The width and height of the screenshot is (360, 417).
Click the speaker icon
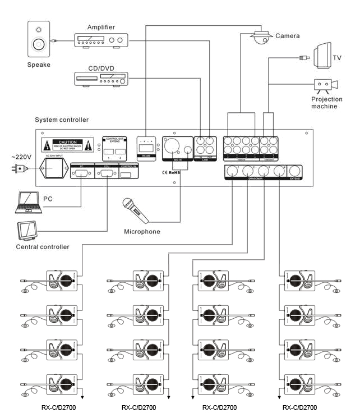coord(39,39)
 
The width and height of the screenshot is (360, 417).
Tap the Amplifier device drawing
coord(101,40)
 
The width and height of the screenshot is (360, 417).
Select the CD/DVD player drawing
coord(101,79)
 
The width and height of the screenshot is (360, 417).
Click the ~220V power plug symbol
coord(20,168)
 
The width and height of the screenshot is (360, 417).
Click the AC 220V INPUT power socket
coord(56,168)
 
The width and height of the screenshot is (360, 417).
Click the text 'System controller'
coord(62,120)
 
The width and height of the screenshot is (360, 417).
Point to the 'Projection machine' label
coord(327,103)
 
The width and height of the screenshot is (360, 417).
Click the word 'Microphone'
coord(142,232)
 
